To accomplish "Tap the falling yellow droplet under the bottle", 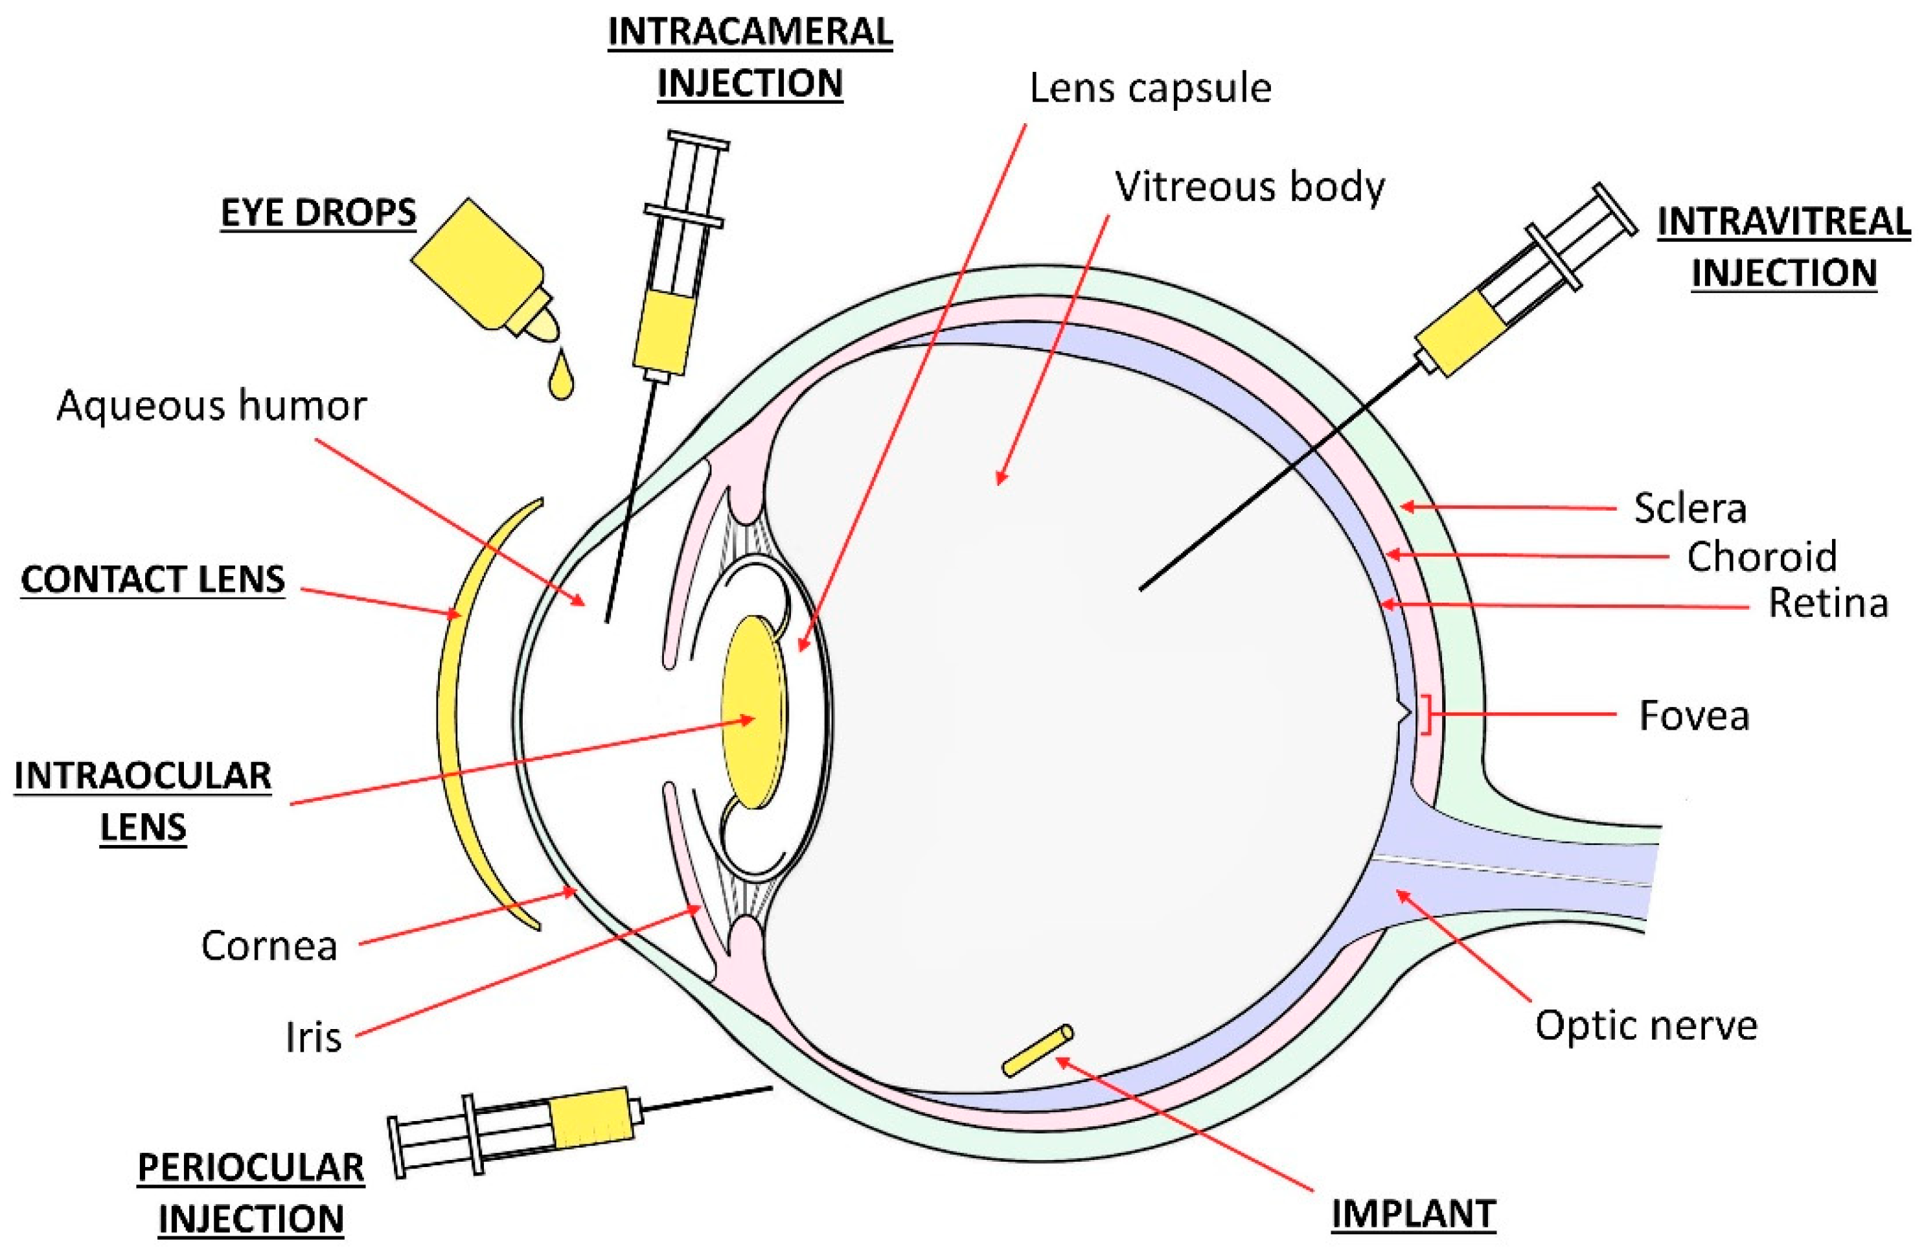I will tap(560, 378).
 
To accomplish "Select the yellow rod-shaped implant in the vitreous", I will tap(1038, 1050).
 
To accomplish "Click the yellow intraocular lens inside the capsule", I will tap(753, 712).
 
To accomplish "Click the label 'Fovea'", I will tap(1693, 715).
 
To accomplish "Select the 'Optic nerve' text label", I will tap(1646, 1025).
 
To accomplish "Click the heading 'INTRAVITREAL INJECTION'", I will tap(1783, 247).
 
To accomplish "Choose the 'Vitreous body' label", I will tap(1249, 187).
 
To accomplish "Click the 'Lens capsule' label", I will tap(1150, 88).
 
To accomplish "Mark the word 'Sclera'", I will tap(1689, 509).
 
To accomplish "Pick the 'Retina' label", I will tap(1827, 603).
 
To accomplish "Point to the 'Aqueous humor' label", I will tap(211, 406).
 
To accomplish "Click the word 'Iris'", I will tap(313, 1037).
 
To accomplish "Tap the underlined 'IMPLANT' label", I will tap(1413, 1214).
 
